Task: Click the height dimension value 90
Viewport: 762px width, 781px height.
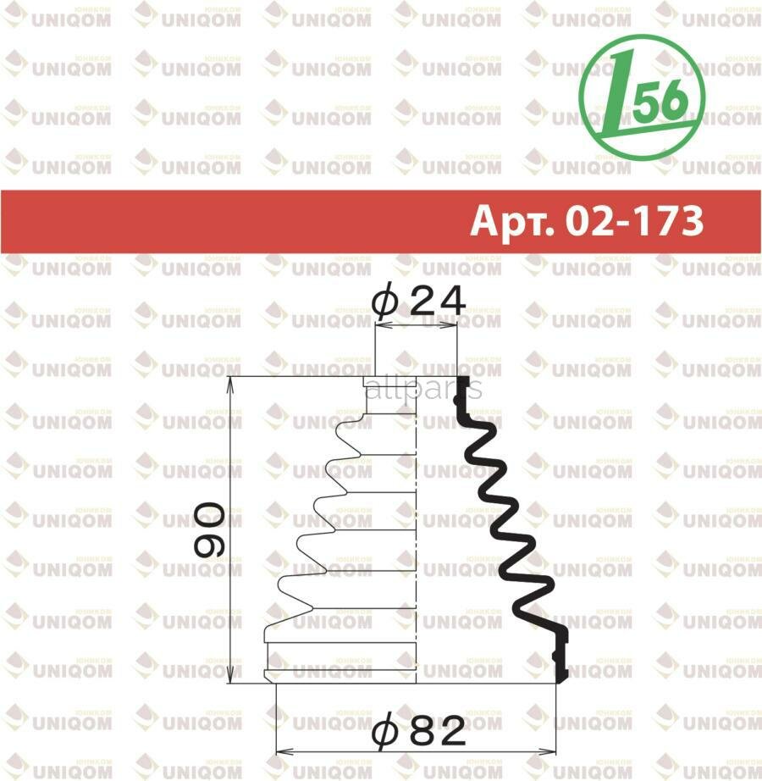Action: tap(207, 530)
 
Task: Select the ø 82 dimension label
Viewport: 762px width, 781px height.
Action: tap(418, 729)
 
